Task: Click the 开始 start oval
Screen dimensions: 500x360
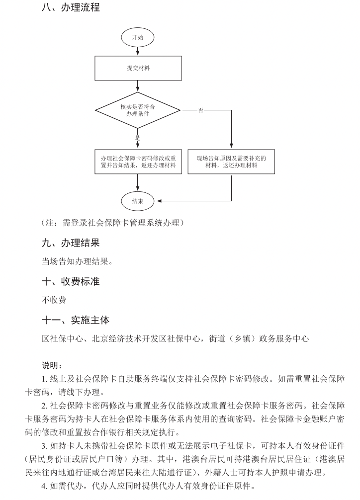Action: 138,37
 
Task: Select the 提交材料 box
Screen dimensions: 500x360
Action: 138,69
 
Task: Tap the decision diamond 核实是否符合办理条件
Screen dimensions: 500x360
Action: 138,110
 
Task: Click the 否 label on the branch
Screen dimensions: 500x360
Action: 200,110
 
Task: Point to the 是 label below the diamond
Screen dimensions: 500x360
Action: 138,137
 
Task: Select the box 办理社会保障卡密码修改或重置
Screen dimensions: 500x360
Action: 138,162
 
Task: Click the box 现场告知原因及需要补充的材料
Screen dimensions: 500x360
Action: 231,162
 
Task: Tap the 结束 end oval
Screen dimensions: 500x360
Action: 138,201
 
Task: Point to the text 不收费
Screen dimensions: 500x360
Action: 54,300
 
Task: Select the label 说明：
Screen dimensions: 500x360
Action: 52,366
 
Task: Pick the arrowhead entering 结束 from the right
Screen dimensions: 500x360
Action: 159,201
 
